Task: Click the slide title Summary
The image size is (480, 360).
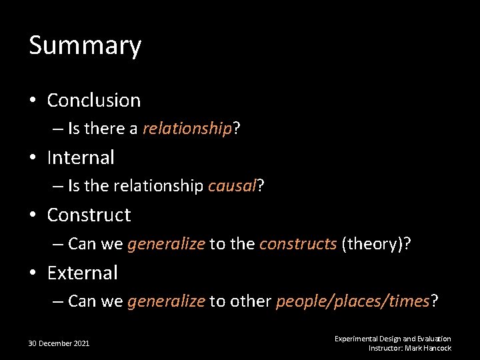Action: (x=85, y=46)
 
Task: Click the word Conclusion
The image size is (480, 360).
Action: (x=94, y=101)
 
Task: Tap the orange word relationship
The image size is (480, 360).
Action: (x=187, y=129)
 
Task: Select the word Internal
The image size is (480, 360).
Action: (x=81, y=158)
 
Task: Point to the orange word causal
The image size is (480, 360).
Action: (x=232, y=186)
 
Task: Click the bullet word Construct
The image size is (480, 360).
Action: (x=89, y=215)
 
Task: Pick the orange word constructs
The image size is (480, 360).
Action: (x=298, y=243)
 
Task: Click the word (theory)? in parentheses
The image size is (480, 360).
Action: (x=375, y=243)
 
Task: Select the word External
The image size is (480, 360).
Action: (x=82, y=273)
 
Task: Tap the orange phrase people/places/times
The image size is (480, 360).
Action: (x=353, y=301)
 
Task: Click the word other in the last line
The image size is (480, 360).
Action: (x=250, y=301)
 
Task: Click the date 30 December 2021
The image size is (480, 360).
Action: (x=59, y=343)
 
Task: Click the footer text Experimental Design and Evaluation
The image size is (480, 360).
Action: (x=393, y=339)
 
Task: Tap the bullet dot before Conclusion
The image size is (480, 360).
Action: (x=33, y=101)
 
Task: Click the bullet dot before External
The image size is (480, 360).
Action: (x=33, y=273)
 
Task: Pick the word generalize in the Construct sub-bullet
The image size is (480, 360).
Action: (x=166, y=243)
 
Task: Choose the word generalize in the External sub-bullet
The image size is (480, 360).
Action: (x=166, y=301)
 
